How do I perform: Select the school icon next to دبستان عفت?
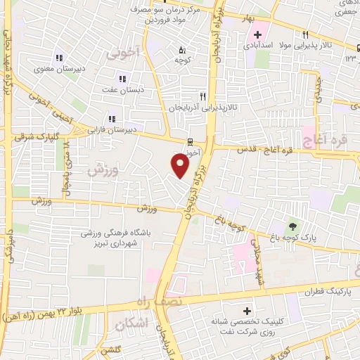pos(122,79)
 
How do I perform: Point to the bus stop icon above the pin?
pos(189,141)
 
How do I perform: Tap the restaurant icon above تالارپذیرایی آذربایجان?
pos(202,96)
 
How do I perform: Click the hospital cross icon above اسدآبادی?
pos(258,34)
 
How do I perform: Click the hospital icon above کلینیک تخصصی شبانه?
pos(246,310)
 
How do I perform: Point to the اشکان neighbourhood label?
pos(130,323)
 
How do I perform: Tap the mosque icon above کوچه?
pos(182,50)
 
